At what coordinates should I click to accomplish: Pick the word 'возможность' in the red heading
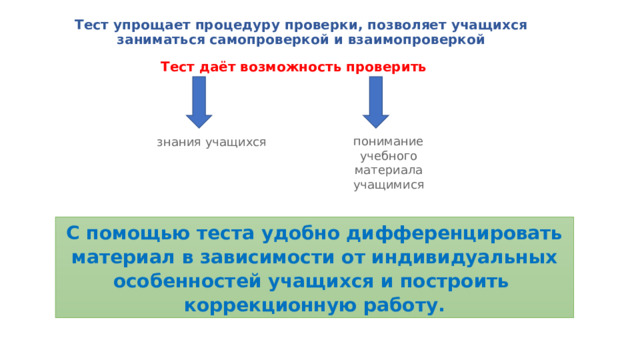point(289,67)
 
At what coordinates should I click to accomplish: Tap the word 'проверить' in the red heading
point(384,67)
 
